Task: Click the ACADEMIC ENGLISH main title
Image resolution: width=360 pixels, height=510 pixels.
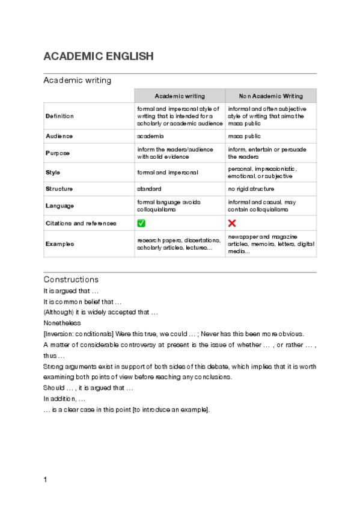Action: point(99,57)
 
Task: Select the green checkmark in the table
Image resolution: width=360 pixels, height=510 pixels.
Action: point(141,223)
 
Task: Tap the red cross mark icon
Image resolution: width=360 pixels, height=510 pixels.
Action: point(232,223)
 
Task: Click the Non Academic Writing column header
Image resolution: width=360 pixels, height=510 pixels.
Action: point(271,96)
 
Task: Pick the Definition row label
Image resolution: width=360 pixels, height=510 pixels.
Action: point(60,115)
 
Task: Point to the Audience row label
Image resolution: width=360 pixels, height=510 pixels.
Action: point(59,137)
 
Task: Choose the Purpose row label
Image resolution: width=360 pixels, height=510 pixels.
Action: point(58,153)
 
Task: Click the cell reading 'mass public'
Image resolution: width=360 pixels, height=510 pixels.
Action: point(244,137)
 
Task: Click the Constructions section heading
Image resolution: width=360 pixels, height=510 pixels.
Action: point(71,280)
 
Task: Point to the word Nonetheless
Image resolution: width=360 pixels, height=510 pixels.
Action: point(62,323)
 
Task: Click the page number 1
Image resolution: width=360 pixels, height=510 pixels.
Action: point(46,479)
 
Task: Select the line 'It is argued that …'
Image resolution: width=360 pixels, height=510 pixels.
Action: point(67,290)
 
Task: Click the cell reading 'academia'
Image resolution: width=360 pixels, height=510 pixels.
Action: point(151,137)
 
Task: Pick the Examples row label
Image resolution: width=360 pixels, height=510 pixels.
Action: point(60,244)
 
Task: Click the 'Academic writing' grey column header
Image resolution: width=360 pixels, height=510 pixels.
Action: point(180,96)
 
